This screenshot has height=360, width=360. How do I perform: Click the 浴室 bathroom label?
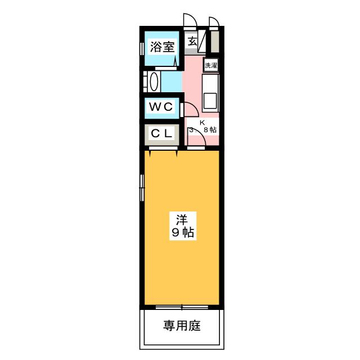pyautogui.click(x=161, y=48)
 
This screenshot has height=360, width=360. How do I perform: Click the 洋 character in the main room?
pyautogui.click(x=182, y=218)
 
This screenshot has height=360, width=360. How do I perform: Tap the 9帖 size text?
pyautogui.click(x=182, y=232)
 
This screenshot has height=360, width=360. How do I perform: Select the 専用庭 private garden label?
pyautogui.click(x=182, y=326)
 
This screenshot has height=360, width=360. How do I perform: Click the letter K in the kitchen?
pyautogui.click(x=202, y=122)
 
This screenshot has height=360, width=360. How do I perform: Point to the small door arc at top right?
pyautogui.click(x=213, y=21)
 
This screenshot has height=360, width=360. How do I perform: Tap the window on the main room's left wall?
pyautogui.click(x=142, y=186)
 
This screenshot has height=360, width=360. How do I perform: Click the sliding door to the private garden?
pyautogui.click(x=182, y=307)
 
